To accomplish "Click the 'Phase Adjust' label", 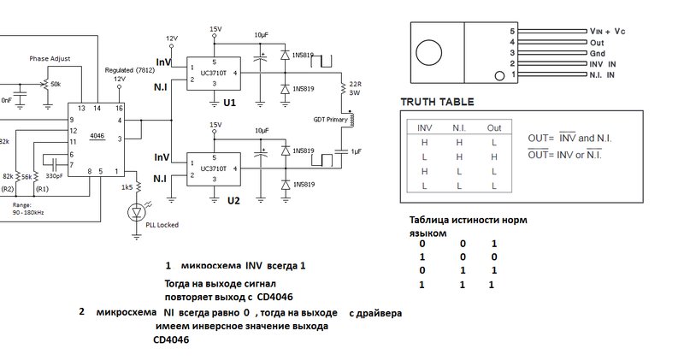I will (50, 59).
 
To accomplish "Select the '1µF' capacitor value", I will (357, 151).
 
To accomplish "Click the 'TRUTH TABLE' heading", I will (437, 101).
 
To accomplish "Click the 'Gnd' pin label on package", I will (597, 52).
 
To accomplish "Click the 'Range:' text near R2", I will (22, 205).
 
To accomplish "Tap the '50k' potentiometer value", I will (56, 84).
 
